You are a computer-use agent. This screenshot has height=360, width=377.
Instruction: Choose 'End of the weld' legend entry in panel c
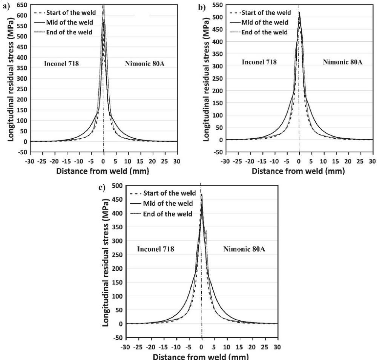[x=168, y=214]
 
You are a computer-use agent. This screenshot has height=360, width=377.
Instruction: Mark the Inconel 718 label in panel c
[x=156, y=249]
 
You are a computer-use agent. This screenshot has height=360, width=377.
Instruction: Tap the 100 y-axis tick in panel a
[x=22, y=121]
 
